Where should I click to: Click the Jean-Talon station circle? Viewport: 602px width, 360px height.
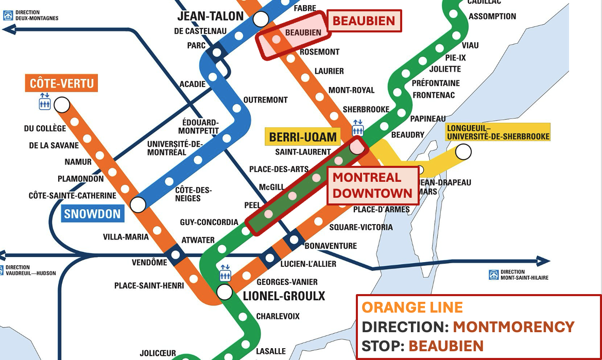[x=261, y=20]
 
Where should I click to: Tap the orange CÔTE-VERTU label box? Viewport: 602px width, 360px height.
[x=62, y=83]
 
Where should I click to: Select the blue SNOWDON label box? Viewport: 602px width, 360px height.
[x=92, y=214]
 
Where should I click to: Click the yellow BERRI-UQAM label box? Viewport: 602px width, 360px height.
[x=303, y=137]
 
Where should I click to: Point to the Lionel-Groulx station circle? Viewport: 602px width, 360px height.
[x=224, y=292]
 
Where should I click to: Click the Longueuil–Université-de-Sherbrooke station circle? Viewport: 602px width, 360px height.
[x=463, y=151]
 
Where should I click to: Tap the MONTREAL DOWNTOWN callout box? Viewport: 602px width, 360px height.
[x=372, y=185]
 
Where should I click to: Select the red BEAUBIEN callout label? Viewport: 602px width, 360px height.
[x=364, y=21]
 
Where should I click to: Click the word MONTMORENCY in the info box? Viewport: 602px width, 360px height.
[x=513, y=327]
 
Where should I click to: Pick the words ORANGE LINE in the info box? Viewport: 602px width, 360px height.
[x=412, y=307]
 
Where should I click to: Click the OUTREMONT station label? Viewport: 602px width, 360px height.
[x=265, y=100]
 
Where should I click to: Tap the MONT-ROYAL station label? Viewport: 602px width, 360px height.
[x=351, y=90]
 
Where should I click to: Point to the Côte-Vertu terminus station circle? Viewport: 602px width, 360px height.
[x=62, y=105]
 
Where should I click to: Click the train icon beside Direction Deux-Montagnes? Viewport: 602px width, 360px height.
[x=8, y=15]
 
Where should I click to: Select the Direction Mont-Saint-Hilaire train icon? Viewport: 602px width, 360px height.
[x=493, y=275]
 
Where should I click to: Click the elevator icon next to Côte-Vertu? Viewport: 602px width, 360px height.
[x=45, y=101]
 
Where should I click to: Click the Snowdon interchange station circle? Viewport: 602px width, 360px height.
[x=138, y=204]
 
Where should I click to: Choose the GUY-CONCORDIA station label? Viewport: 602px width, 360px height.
[x=209, y=222]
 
